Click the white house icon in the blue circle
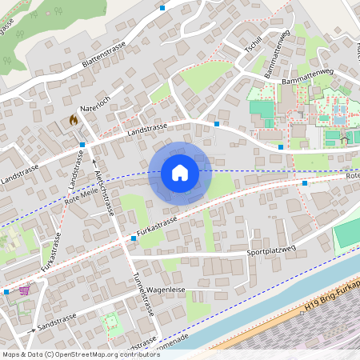click(x=180, y=173)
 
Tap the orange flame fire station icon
click(x=74, y=121)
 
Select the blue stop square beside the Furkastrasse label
click(x=134, y=238)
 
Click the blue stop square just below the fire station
click(x=82, y=145)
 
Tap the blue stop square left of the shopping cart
click(x=6, y=292)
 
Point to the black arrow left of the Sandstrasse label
click(x=34, y=329)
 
